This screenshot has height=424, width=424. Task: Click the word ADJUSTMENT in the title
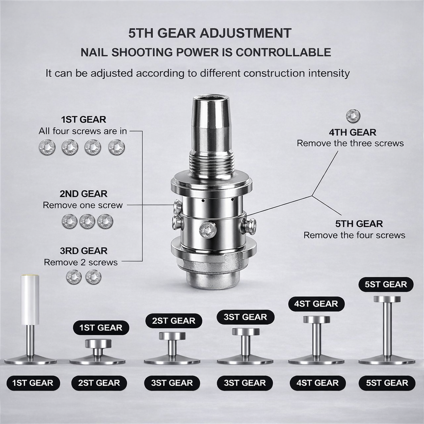click(x=245, y=33)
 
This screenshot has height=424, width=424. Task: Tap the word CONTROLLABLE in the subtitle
click(x=283, y=53)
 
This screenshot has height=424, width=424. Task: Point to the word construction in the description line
click(x=274, y=73)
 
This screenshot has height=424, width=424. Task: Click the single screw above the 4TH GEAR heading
click(x=353, y=116)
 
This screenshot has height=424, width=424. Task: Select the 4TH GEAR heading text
click(x=353, y=132)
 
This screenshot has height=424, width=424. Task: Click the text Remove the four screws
click(x=354, y=235)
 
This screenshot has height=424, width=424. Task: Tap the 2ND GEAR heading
click(x=84, y=194)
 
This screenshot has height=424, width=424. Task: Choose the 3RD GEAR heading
click(x=84, y=251)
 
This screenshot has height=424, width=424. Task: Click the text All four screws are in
click(x=83, y=131)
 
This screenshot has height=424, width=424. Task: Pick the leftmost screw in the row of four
click(x=47, y=147)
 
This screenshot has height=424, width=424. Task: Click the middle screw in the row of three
click(x=87, y=222)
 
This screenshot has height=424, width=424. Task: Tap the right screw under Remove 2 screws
click(x=94, y=277)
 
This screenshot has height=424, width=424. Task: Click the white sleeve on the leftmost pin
click(x=30, y=300)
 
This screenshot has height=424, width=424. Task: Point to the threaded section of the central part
click(x=212, y=164)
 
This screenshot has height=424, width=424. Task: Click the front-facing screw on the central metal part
click(x=208, y=231)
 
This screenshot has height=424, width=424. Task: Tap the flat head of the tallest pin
click(x=387, y=299)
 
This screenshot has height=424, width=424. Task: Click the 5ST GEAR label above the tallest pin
click(x=386, y=284)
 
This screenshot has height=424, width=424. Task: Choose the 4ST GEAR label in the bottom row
click(x=318, y=383)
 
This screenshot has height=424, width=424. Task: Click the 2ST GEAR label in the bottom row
click(x=99, y=383)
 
